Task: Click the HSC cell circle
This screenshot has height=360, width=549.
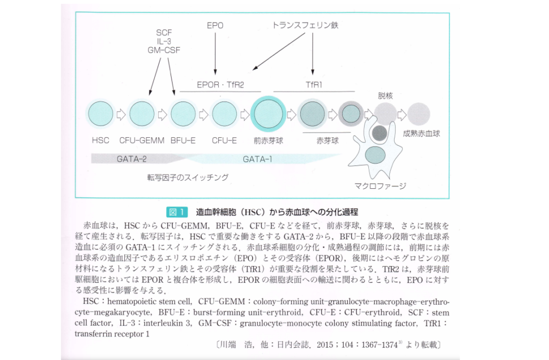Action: click(100, 114)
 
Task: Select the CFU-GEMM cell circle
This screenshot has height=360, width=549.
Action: click(142, 114)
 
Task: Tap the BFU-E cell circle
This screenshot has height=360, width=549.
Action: click(183, 114)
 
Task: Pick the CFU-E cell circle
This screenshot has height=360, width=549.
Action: click(224, 114)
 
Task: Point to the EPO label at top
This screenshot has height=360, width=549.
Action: click(215, 25)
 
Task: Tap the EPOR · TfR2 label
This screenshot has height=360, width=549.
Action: click(219, 85)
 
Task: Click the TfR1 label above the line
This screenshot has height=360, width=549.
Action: click(314, 85)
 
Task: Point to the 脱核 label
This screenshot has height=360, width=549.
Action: click(385, 95)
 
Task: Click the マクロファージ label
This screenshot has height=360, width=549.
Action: click(380, 186)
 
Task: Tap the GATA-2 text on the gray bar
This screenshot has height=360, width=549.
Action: click(131, 159)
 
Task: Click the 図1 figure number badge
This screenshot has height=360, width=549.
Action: click(176, 211)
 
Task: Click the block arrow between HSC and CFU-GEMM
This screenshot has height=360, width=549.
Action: click(121, 114)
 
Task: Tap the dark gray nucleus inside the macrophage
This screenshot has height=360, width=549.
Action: click(379, 133)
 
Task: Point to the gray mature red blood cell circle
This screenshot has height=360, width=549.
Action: click(419, 114)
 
